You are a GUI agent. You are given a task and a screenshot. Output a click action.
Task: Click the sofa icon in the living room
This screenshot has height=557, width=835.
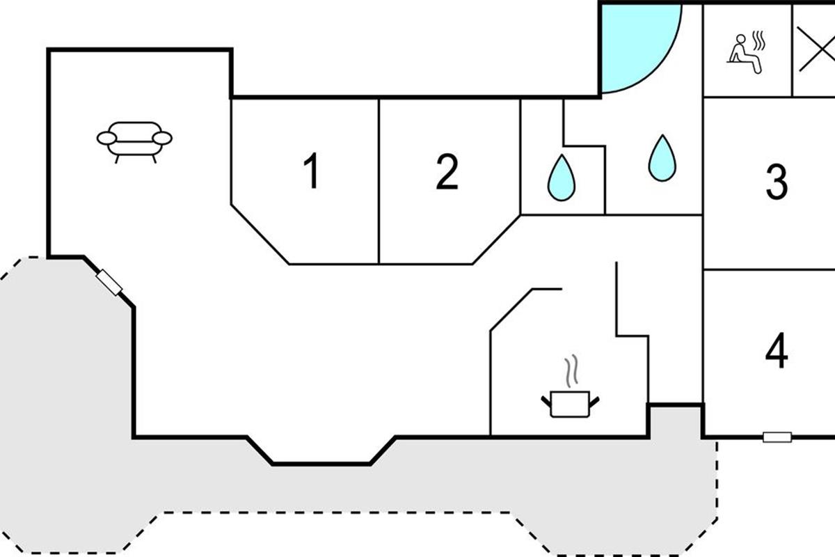pyautogui.click(x=134, y=139)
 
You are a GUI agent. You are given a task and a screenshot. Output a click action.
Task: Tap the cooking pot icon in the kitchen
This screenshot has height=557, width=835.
pyautogui.click(x=570, y=404)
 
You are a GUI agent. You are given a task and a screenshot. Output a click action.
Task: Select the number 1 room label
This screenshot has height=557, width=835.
pyautogui.click(x=312, y=171)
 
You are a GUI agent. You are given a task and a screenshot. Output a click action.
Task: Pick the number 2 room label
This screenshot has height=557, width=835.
pyautogui.click(x=447, y=171)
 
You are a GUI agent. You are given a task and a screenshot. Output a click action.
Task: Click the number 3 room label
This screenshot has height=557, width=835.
pyautogui.click(x=777, y=181)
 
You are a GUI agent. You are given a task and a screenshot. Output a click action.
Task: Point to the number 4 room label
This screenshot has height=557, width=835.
pyautogui.click(x=777, y=350)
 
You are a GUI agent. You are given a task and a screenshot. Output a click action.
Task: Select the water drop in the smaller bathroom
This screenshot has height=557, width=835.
pyautogui.click(x=561, y=178)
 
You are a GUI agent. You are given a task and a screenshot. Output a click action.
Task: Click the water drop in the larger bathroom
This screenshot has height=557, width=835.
pyautogui.click(x=662, y=159)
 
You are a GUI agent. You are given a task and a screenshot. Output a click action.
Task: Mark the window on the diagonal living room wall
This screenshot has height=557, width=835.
pyautogui.click(x=109, y=282)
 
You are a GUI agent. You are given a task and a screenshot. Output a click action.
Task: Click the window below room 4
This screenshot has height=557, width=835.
pyautogui.click(x=777, y=437)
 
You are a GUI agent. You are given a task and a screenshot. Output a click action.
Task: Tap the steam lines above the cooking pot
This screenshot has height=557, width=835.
pyautogui.click(x=571, y=372)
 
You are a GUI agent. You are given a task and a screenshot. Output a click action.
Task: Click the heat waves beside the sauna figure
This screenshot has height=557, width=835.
pyautogui.click(x=759, y=41)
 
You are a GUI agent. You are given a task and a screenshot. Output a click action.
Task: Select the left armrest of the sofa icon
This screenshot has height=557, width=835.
pyautogui.click(x=106, y=138)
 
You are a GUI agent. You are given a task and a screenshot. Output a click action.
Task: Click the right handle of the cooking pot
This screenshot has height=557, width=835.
pyautogui.click(x=594, y=400)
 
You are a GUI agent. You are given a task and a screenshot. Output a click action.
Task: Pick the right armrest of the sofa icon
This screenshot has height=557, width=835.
pyautogui.click(x=162, y=138)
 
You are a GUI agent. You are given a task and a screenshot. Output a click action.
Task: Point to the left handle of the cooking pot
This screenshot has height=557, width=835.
pyautogui.click(x=546, y=400)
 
